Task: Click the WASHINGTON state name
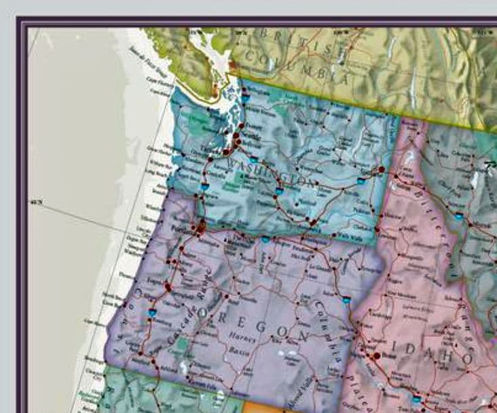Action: [x=269, y=172]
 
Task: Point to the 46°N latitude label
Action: [x=35, y=201]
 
